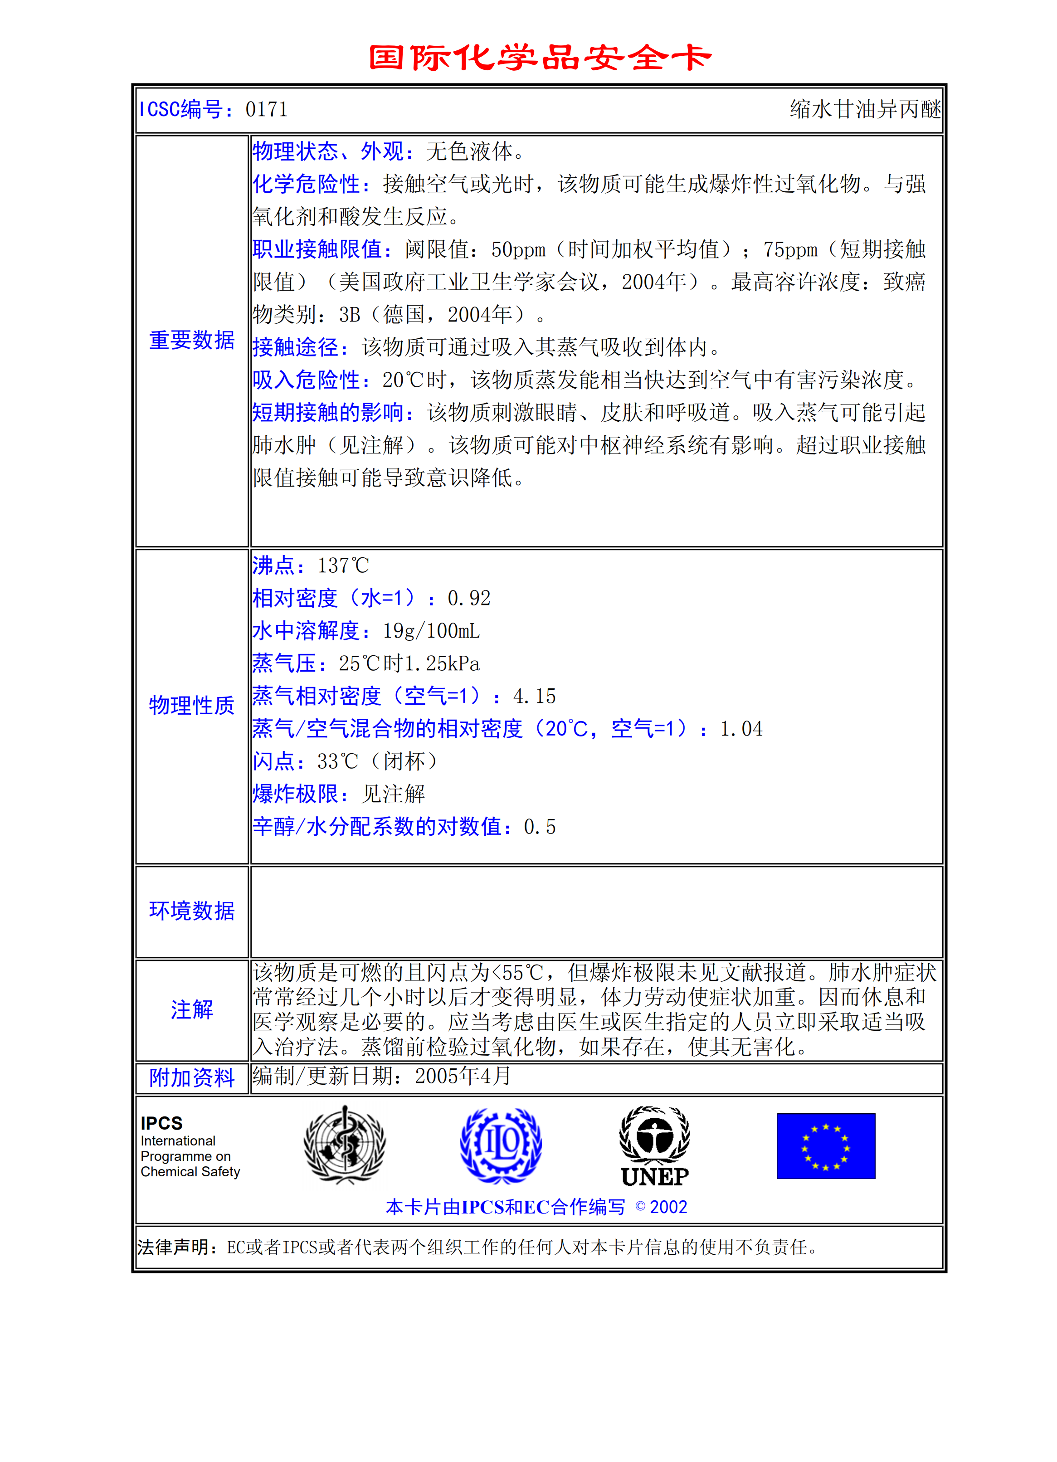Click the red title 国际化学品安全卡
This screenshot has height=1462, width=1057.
(540, 58)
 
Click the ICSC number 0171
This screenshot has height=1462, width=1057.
(266, 110)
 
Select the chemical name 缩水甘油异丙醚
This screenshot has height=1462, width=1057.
(865, 110)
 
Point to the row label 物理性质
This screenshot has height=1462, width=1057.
(191, 705)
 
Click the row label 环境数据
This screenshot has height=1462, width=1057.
(191, 911)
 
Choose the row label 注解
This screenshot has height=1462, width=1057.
(191, 1009)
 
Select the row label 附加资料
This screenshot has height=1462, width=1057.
(191, 1078)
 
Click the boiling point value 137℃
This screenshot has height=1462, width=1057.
(343, 566)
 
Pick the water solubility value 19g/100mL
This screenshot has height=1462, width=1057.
(431, 631)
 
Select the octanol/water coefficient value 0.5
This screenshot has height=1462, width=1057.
(540, 827)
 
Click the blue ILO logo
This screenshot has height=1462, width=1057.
(501, 1145)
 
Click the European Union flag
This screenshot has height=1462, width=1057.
(826, 1145)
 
